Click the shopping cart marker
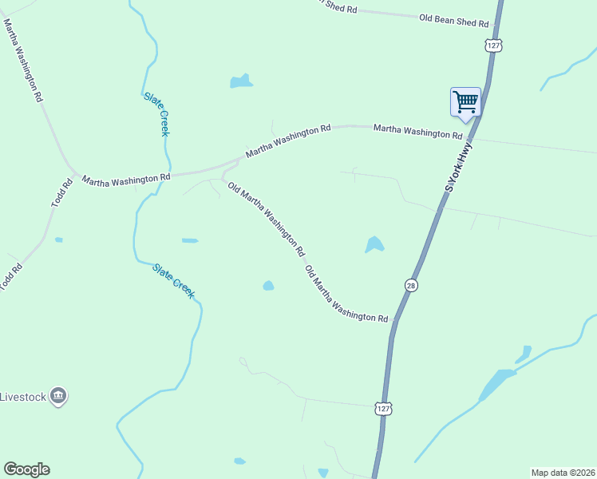point(465,102)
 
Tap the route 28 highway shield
point(410,285)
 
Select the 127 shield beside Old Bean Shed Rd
point(495,46)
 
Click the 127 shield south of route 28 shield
point(384,408)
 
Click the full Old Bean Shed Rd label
point(453,21)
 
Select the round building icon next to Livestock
point(57,396)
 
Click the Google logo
point(26,469)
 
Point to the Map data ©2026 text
point(563,473)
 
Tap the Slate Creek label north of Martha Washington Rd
point(156,113)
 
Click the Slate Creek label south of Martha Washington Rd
point(173,281)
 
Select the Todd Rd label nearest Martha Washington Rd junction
point(62,193)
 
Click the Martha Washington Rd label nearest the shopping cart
point(417,131)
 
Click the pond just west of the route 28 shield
point(374,244)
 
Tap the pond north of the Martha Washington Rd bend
point(240,81)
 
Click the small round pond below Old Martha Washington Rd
point(268,286)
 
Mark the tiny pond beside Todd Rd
point(59,239)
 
